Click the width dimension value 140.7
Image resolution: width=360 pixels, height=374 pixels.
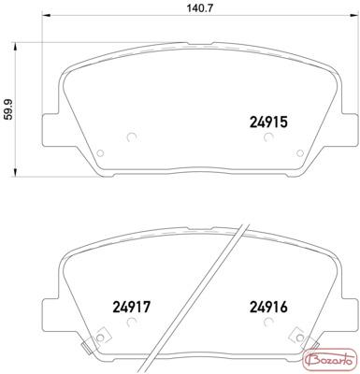click(x=200, y=8)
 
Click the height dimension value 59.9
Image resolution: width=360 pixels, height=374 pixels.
click(x=9, y=109)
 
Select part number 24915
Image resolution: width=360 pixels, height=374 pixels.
click(x=268, y=122)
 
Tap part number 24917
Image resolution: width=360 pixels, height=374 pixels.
click(x=131, y=307)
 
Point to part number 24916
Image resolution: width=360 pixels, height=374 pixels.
click(x=268, y=307)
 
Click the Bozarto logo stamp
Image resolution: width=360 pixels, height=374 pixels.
click(x=329, y=361)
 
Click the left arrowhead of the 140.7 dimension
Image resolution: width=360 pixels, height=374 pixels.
click(x=46, y=15)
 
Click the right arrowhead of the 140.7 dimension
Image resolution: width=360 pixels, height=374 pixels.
click(x=353, y=15)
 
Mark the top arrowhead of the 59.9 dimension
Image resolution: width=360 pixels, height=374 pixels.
click(x=14, y=47)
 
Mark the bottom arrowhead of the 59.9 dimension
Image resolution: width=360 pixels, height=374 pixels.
click(x=14, y=173)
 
